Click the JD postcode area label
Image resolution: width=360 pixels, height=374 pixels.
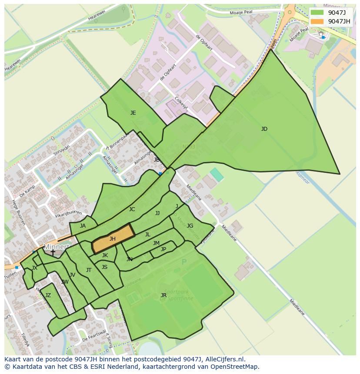tap(264, 129)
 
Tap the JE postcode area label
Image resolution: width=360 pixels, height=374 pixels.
tap(133, 113)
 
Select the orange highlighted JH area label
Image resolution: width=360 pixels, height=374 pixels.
tap(112, 239)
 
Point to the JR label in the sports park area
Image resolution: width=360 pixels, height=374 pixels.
tap(163, 295)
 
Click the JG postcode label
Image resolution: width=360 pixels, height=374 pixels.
tap(190, 226)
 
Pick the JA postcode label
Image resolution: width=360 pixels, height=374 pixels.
tap(83, 226)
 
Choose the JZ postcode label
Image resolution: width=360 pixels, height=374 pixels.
tap(48, 295)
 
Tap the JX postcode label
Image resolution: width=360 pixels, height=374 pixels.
tap(34, 268)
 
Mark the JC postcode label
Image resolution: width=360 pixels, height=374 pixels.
tap(132, 209)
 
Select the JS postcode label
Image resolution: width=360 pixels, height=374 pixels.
tap(104, 267)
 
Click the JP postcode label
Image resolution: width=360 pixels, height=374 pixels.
tap(163, 249)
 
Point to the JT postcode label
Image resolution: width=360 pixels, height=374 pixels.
tap(89, 270)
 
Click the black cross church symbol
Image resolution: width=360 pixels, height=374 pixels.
tap(53, 252)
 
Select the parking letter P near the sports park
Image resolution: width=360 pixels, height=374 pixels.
tap(184, 262)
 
